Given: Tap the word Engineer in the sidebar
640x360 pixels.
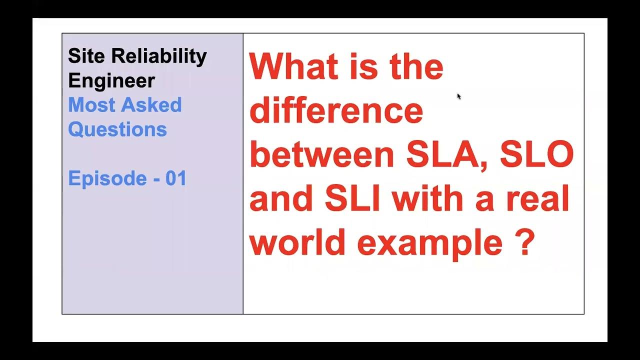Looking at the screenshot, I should pos(111,81).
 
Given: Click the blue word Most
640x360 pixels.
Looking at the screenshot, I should pos(92,105).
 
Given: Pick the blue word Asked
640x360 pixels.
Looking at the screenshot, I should pos(152,105).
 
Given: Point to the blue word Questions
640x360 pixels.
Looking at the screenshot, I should pos(117,129).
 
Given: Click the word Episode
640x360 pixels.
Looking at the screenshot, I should pos(107,178).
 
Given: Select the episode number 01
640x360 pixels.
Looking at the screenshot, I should pos(176,178).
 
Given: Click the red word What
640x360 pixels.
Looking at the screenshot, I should pos(296,67).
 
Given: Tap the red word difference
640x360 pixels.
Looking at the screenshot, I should pos(336,111).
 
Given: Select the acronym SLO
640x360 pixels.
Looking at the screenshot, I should pos(537,155).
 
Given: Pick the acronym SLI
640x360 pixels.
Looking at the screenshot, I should pos(352,199).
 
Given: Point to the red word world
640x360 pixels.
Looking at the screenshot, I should pos(297,243).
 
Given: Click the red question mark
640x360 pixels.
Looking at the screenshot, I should pos(524,243).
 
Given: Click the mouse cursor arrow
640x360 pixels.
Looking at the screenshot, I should pos(459,96).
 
